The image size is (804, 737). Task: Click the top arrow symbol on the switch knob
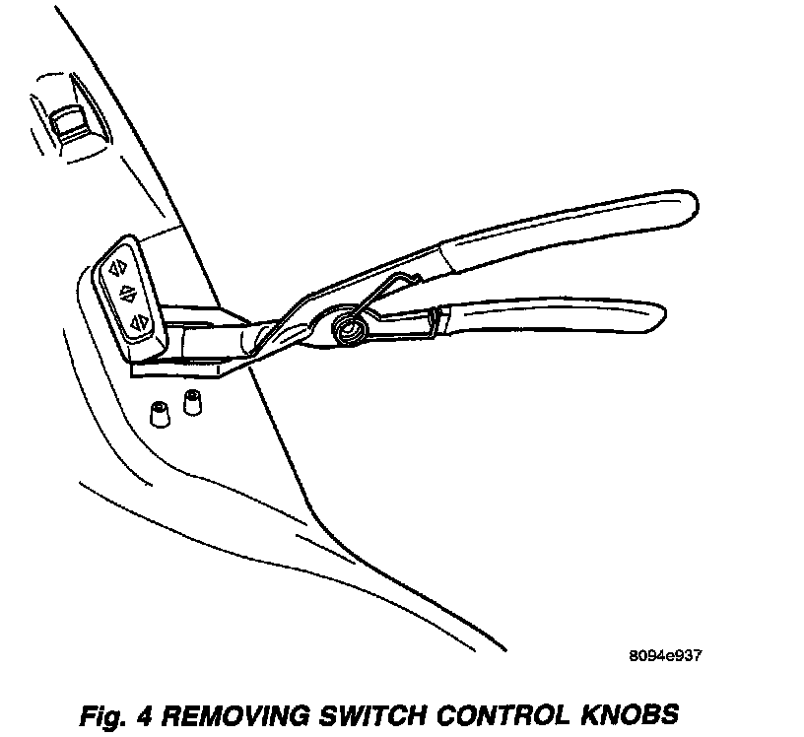click(x=116, y=266)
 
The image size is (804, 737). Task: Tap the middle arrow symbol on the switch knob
click(x=126, y=293)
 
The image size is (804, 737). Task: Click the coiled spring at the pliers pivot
click(x=348, y=324)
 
